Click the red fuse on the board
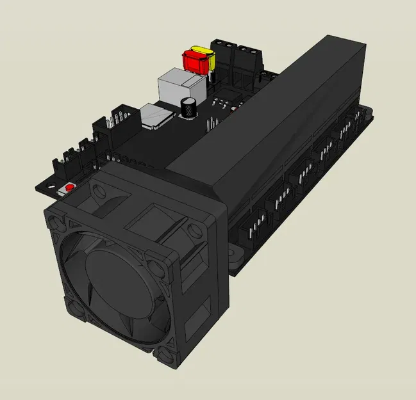194,61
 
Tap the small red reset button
69,188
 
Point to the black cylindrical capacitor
188,108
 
